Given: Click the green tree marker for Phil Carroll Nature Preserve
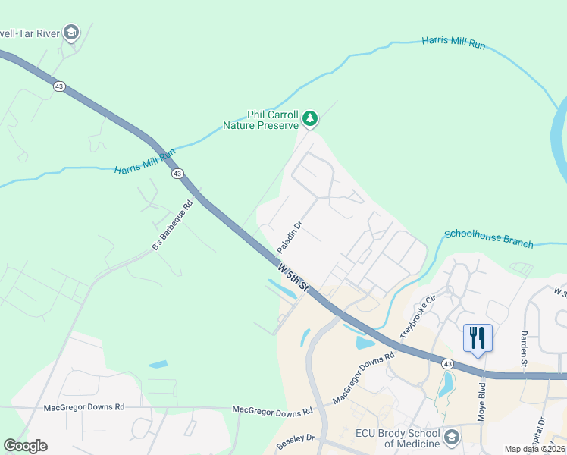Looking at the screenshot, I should coord(309,118).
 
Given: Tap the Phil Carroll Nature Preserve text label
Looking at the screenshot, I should coord(261,119).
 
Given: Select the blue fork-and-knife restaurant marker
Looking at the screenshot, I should coord(478,337).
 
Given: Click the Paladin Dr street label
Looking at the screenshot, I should coord(290,237).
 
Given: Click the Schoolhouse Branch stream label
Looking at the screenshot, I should coord(488,239).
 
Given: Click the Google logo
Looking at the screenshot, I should coord(25,446).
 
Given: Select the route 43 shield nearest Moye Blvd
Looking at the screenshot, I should coord(448,364).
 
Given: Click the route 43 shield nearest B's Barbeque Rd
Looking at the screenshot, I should coord(177,174).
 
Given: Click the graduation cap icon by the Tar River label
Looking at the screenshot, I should coord(71,32).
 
